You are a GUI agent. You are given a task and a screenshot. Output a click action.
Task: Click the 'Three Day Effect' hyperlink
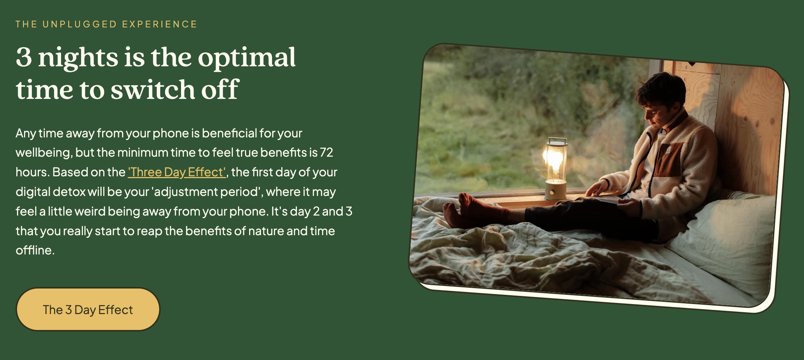pos(177,172)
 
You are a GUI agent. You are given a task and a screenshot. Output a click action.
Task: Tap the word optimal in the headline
pos(247,58)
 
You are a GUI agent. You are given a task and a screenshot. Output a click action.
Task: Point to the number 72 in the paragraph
pos(326,153)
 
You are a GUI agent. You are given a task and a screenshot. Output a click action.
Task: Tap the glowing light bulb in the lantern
pos(554,160)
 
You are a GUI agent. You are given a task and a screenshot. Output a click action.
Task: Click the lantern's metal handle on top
pos(557,140)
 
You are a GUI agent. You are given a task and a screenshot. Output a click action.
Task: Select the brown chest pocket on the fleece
pos(668,159)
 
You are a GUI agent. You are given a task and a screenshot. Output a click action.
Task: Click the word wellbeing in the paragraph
pos(44,153)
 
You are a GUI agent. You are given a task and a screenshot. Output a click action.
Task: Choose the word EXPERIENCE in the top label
pos(160,24)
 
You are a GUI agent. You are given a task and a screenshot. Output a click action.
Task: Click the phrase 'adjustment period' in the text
pos(207,192)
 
